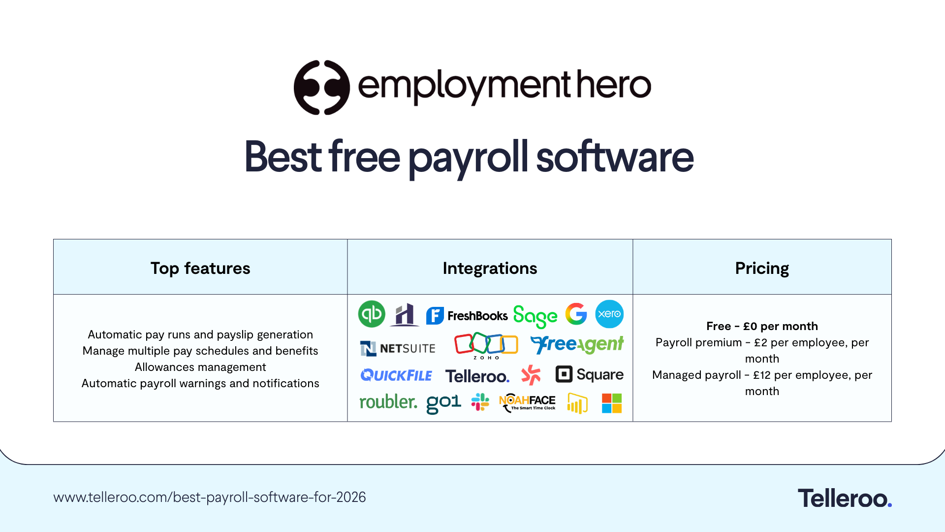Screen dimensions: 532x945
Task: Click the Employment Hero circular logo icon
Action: pyautogui.click(x=321, y=88)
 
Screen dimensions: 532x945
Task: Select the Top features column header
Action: pyautogui.click(x=200, y=268)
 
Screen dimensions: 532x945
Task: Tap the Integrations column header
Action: pyautogui.click(x=490, y=268)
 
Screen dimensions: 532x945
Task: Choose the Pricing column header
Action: pyautogui.click(x=762, y=268)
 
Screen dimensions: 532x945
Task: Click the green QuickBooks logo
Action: pyautogui.click(x=372, y=314)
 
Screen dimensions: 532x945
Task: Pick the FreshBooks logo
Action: pyautogui.click(x=467, y=315)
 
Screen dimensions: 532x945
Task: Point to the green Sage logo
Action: pyautogui.click(x=535, y=316)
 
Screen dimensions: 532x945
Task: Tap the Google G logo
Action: pyautogui.click(x=576, y=314)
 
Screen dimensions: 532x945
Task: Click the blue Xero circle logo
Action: pyautogui.click(x=609, y=314)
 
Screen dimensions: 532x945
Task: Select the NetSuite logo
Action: pyautogui.click(x=398, y=348)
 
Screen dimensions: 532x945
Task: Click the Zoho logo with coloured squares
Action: pyautogui.click(x=486, y=345)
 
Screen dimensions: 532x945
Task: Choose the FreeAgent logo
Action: pyautogui.click(x=577, y=344)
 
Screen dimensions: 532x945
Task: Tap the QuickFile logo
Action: pyautogui.click(x=396, y=375)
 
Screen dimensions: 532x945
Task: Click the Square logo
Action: pyautogui.click(x=589, y=374)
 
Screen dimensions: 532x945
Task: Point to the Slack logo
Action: pyautogui.click(x=480, y=402)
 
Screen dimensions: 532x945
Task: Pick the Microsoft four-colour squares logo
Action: pyautogui.click(x=612, y=403)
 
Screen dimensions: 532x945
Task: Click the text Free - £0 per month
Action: pyautogui.click(x=762, y=326)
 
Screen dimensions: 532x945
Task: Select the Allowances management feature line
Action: pyautogui.click(x=200, y=367)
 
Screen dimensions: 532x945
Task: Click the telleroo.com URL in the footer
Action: pyautogui.click(x=210, y=497)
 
